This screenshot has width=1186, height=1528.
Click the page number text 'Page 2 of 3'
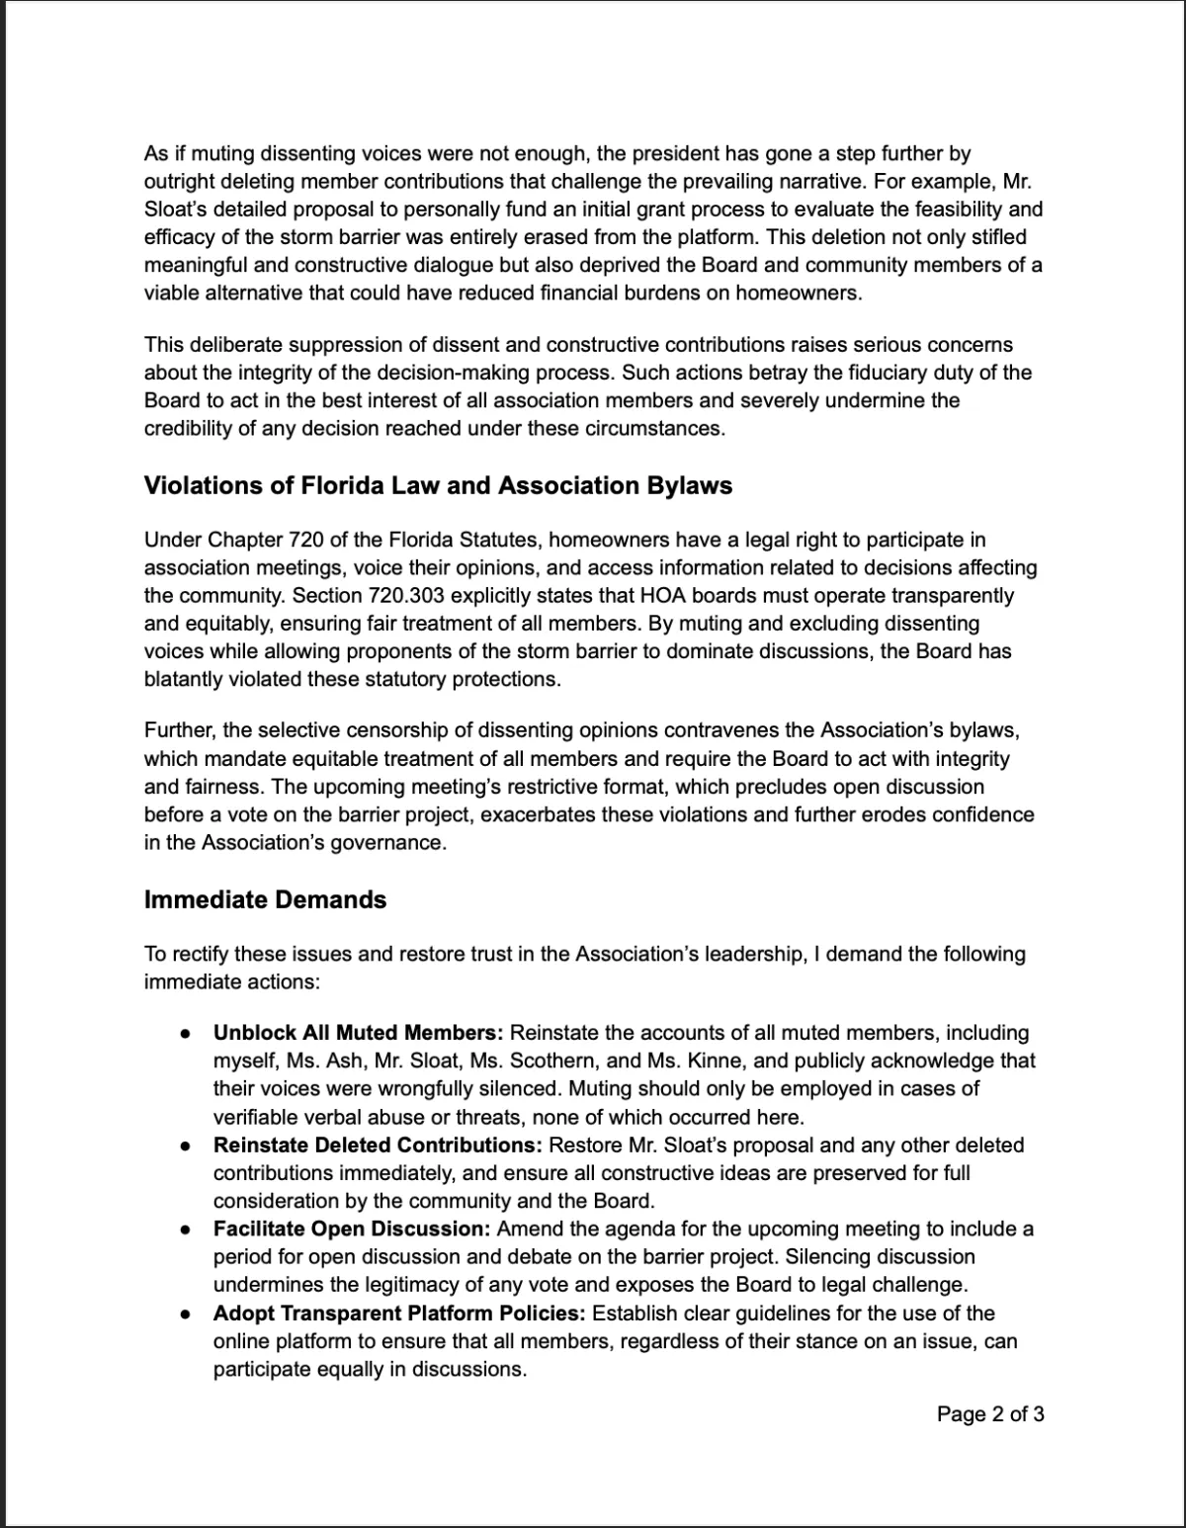990,1414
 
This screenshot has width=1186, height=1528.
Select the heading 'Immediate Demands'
265,900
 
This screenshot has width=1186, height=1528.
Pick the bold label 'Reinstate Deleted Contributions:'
378,1146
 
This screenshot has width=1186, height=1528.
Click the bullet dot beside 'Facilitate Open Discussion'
185,1231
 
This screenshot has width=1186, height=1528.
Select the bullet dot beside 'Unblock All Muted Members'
185,1034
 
